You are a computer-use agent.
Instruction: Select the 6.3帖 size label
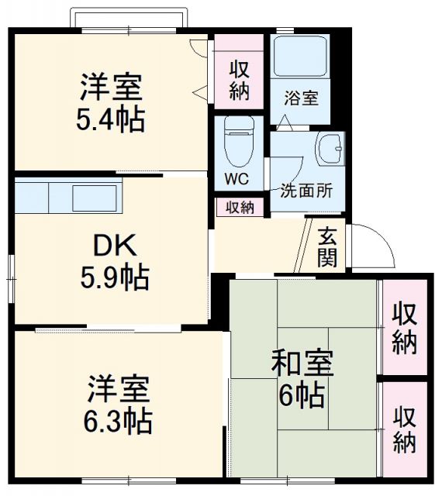119,421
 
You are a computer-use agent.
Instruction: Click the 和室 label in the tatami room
302,363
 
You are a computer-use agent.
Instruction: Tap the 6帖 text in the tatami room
302,397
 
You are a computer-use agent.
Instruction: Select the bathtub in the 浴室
301,57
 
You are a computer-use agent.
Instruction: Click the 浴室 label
301,98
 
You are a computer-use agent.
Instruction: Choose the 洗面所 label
306,190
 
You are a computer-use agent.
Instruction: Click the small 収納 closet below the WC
240,207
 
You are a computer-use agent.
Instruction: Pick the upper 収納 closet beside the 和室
403,328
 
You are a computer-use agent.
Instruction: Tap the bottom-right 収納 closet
403,429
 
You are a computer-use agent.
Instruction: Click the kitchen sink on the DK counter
95,197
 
